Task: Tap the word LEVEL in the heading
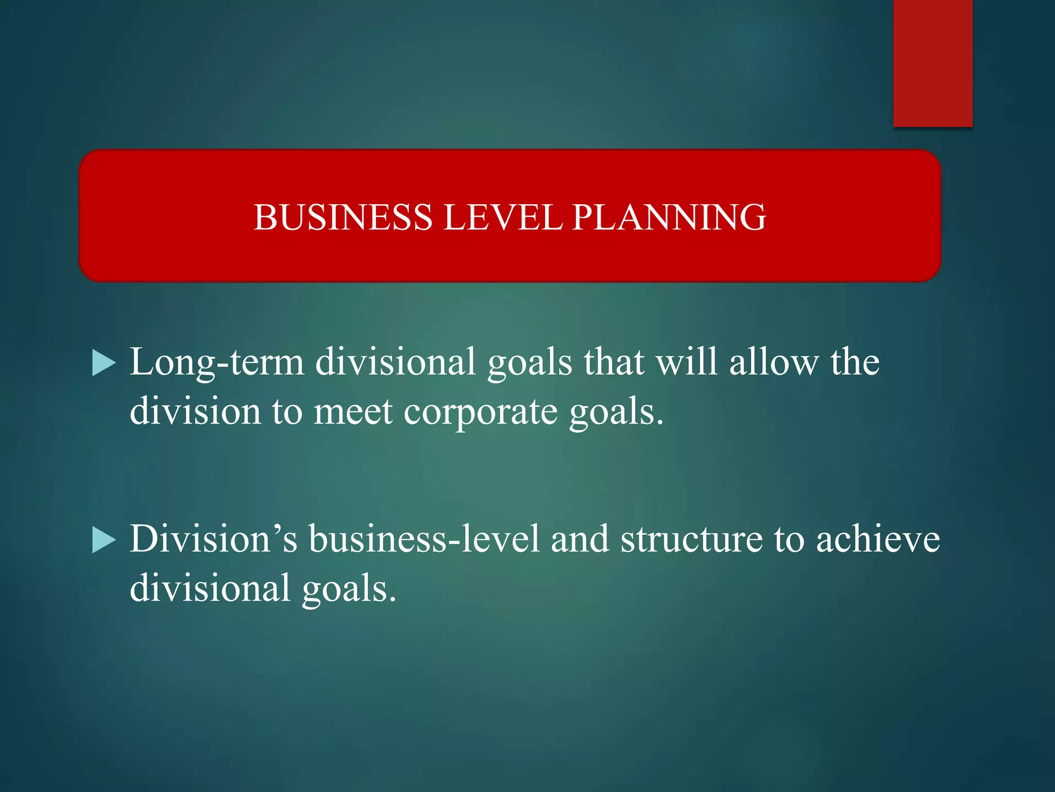pyautogui.click(x=503, y=217)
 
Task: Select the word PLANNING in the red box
pyautogui.click(x=669, y=217)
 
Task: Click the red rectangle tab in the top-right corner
pyautogui.click(x=932, y=63)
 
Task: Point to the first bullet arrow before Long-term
pyautogui.click(x=104, y=363)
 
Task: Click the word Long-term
pyautogui.click(x=216, y=362)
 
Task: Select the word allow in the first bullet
pyautogui.click(x=773, y=362)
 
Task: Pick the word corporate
pyautogui.click(x=480, y=412)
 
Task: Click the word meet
pyautogui.click(x=353, y=412)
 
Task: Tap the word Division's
pyautogui.click(x=213, y=539)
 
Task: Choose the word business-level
pyautogui.click(x=424, y=539)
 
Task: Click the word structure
pyautogui.click(x=691, y=539)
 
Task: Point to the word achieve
pyautogui.click(x=878, y=539)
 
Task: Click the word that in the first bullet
pyautogui.click(x=614, y=362)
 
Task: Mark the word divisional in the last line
pyautogui.click(x=210, y=588)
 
